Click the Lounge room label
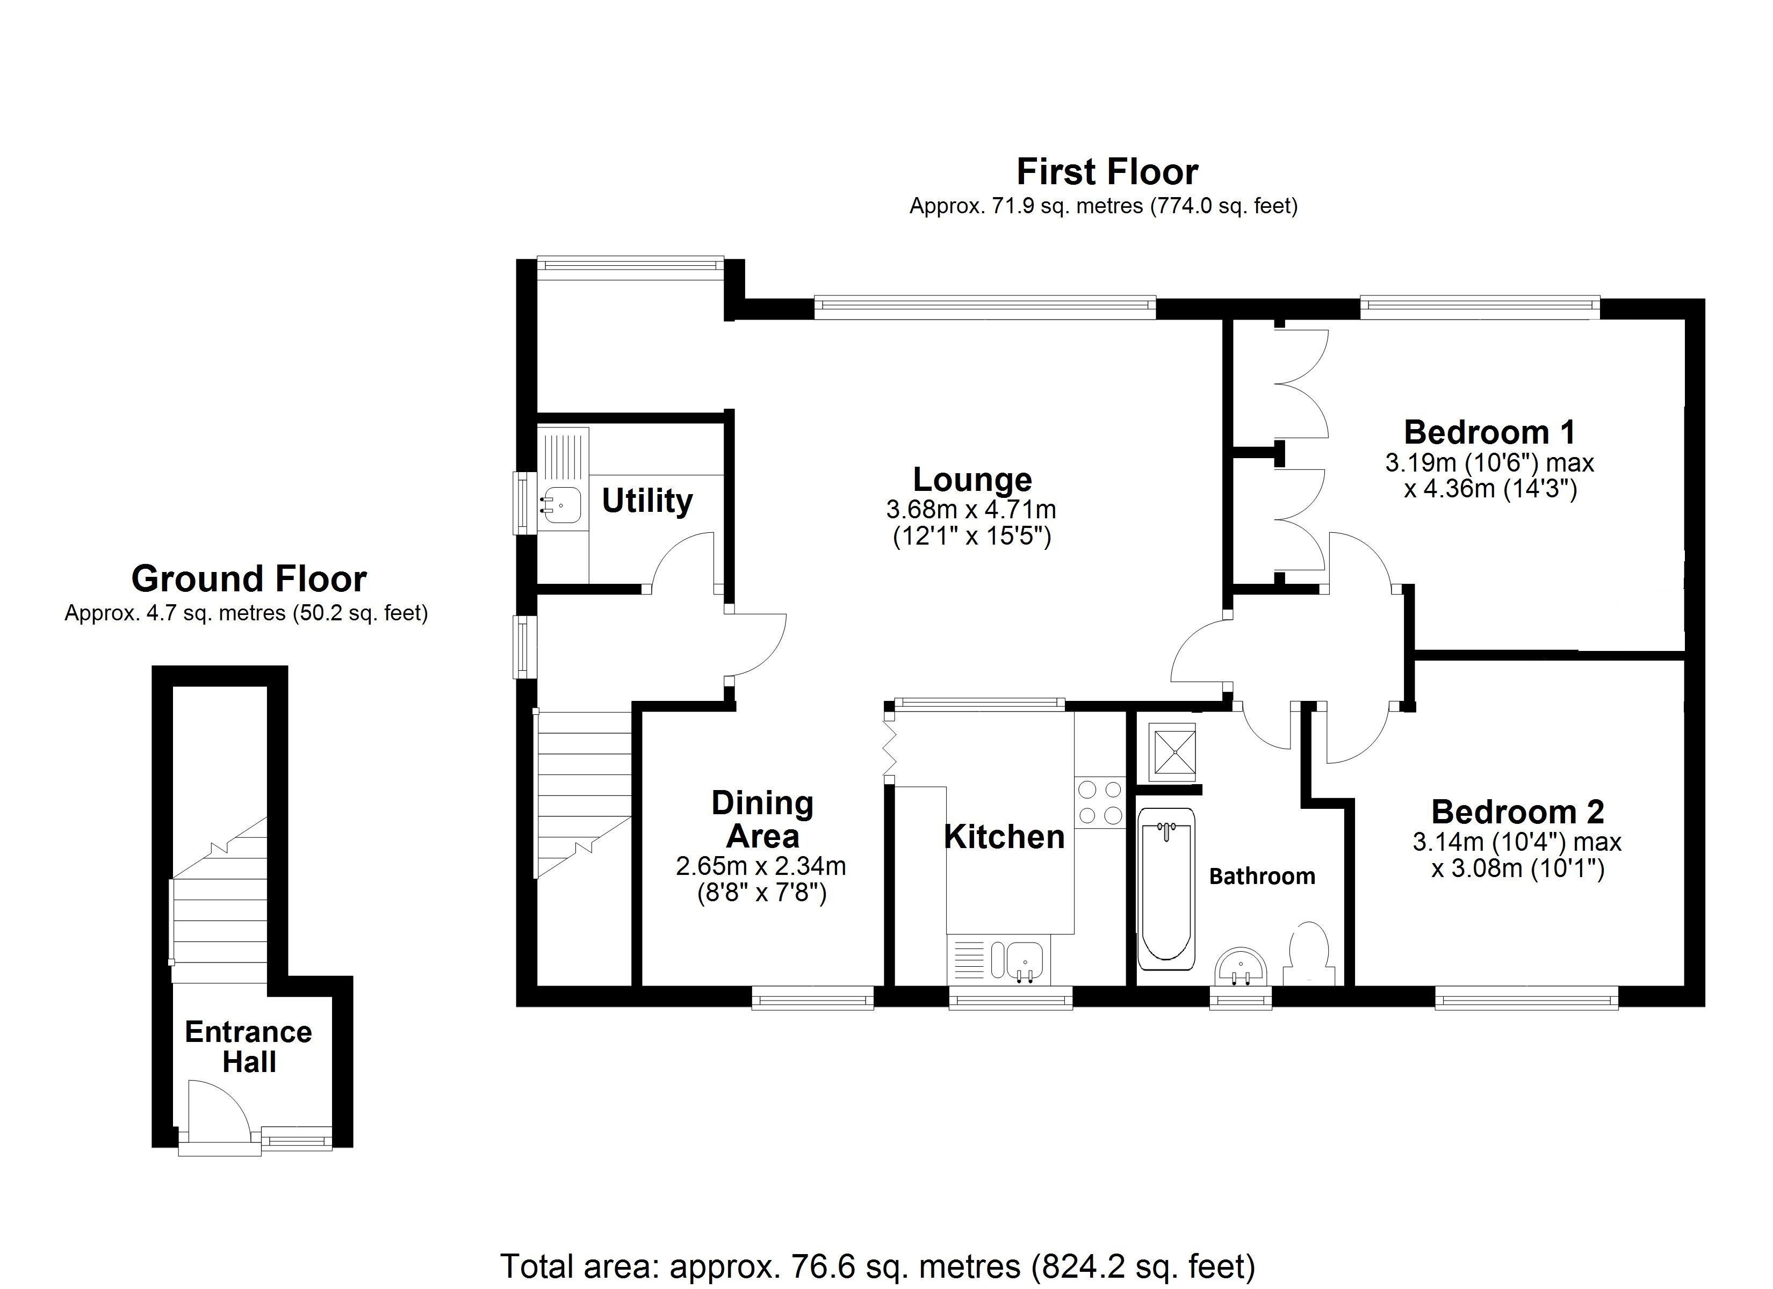972,479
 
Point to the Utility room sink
561,505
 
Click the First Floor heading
1106,172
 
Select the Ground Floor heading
249,579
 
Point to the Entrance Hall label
249,1047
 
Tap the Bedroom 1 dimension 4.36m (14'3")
1490,489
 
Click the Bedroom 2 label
1517,812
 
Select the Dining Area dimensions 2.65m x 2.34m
761,866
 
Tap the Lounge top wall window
984,308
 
